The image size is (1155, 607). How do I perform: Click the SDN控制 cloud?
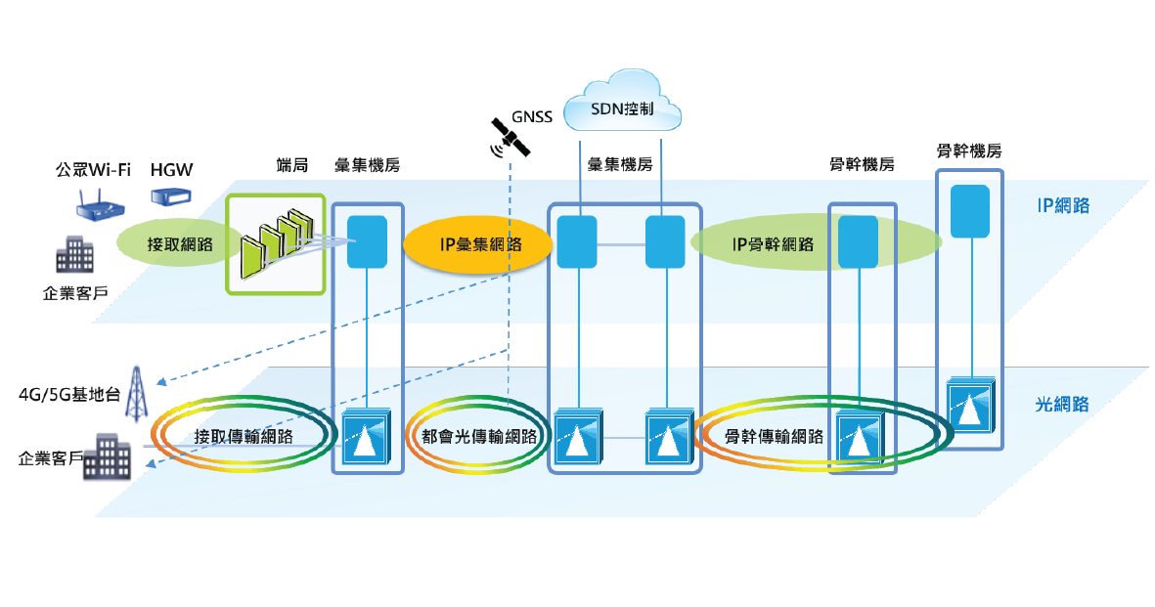pos(623,102)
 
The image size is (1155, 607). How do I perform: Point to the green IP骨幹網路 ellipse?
pos(773,244)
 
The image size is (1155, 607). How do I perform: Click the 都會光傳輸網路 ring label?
pos(479,436)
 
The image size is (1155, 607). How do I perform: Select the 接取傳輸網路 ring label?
pos(244,436)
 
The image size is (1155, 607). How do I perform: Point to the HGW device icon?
pos(171,197)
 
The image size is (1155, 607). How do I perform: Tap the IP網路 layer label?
pos(1063,206)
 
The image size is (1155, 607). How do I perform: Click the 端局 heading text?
pos(291,165)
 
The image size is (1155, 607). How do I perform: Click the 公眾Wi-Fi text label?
pos(93,170)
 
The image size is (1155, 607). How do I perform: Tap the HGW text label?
pos(171,170)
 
